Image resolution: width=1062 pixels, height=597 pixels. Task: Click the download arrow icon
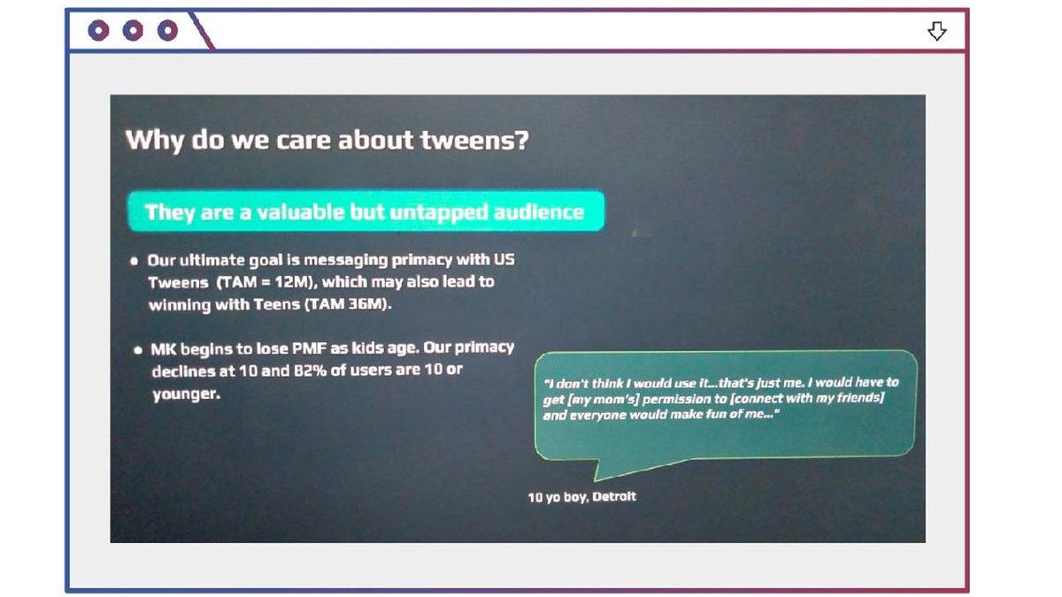pos(937,31)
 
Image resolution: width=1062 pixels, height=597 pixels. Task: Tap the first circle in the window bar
pos(98,31)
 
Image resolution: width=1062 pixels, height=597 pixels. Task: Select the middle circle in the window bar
pos(133,31)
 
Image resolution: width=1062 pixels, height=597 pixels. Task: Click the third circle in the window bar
pos(167,31)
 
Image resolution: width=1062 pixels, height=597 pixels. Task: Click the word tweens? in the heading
pos(474,141)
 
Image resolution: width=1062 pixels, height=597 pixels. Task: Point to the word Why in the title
pos(154,142)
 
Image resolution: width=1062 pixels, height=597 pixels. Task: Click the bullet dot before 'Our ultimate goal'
pos(135,261)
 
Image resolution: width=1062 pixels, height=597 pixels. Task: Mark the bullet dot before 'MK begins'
pos(138,350)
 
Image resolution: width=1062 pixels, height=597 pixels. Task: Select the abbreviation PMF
pos(309,348)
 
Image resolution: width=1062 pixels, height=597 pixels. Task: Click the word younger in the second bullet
pos(187,394)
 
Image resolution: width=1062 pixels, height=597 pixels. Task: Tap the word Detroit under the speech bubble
pos(614,496)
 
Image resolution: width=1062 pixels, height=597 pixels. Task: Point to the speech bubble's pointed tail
pos(596,479)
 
